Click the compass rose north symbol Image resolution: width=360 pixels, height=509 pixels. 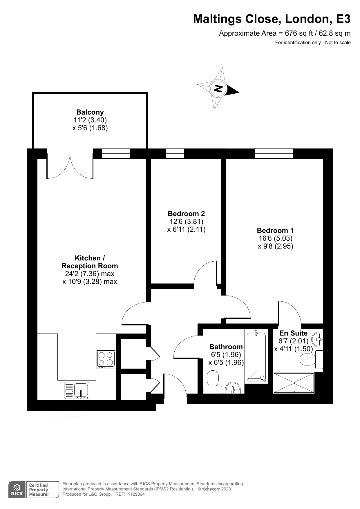coord(218,88)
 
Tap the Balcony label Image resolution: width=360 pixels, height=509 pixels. coord(90,112)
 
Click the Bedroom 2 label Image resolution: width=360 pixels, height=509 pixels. coord(186,214)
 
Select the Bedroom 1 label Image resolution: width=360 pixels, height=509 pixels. coord(275,231)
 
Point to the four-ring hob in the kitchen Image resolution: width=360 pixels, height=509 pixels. coord(106,360)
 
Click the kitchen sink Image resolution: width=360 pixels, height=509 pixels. coord(77,390)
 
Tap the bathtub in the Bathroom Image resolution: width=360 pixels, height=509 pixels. coord(256,356)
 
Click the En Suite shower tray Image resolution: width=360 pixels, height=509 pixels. coord(294,383)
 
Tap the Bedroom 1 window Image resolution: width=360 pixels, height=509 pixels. coord(274,153)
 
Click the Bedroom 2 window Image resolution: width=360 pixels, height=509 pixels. coord(175,153)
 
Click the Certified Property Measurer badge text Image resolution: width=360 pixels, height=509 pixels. coord(39,490)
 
